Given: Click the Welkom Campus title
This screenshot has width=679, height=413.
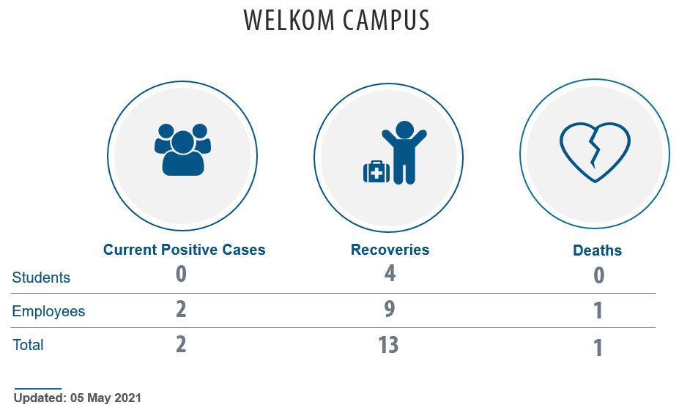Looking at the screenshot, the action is pos(336,20).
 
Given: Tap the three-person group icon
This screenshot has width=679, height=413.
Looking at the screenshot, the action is pos(182,150).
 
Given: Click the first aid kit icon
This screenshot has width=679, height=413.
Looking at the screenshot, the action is pos(376,171).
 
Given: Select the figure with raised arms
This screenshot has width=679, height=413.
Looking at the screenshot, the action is pos(404,152).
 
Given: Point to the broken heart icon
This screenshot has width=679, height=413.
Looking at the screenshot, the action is pos(595,152).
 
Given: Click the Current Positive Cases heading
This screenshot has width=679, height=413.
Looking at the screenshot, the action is pos(184,250).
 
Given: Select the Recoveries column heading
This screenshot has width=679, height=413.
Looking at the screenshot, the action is pos(390,250).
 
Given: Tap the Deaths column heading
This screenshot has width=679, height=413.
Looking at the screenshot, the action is pos(597,250).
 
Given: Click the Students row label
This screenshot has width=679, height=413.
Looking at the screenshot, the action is pos(41,278).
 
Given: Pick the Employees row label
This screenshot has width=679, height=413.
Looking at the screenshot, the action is pos(48,311).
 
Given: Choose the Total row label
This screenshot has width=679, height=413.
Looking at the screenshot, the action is pos(28,345).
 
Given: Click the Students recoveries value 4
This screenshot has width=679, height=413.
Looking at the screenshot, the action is pos(390,274).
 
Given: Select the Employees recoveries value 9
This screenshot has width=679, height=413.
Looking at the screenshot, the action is pos(390,309).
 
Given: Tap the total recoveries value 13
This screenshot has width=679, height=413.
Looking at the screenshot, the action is pos(388,345).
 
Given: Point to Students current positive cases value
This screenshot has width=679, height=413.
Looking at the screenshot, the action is pos(181,274).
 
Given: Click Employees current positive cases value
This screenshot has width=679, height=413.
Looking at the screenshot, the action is pos(181,309).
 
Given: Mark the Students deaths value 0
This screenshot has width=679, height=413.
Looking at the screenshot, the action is pos(598,275).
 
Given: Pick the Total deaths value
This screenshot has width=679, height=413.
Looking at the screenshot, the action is pos(598,348).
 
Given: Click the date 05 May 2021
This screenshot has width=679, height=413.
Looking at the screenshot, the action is pos(105,398).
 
